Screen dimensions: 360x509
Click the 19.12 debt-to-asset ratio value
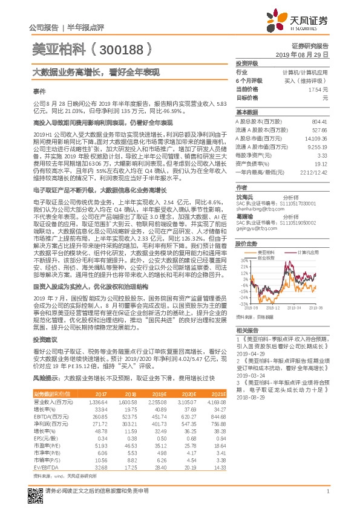click(321, 163)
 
